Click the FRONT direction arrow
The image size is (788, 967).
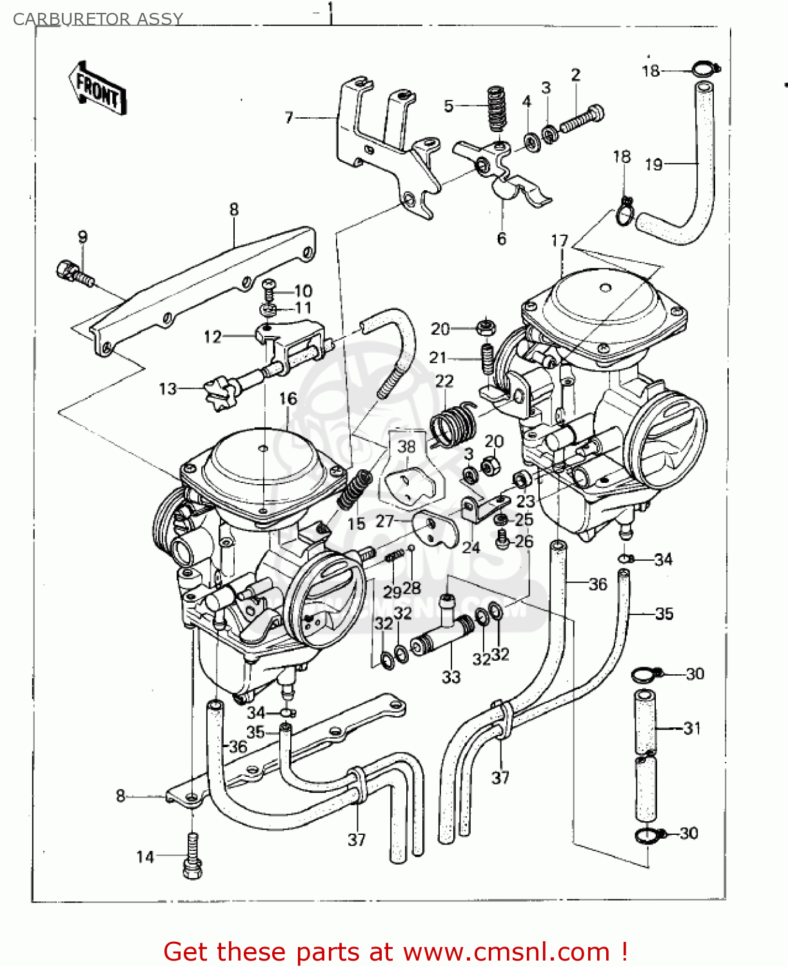(x=97, y=89)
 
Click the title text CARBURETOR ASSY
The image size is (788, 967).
(x=98, y=19)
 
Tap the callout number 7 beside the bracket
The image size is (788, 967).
(x=289, y=117)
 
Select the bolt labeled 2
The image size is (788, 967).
(x=582, y=119)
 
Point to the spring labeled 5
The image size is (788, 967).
(x=496, y=108)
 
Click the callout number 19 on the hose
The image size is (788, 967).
(x=653, y=164)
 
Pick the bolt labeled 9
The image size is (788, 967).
(x=74, y=273)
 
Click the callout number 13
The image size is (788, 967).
(x=167, y=389)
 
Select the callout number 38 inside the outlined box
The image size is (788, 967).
(x=406, y=446)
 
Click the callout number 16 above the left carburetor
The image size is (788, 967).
(x=288, y=398)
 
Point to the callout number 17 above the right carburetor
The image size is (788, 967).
(x=559, y=240)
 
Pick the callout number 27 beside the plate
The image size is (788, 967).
(x=384, y=520)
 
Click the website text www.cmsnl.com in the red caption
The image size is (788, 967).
(x=506, y=952)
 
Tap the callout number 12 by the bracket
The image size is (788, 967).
(x=212, y=337)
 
